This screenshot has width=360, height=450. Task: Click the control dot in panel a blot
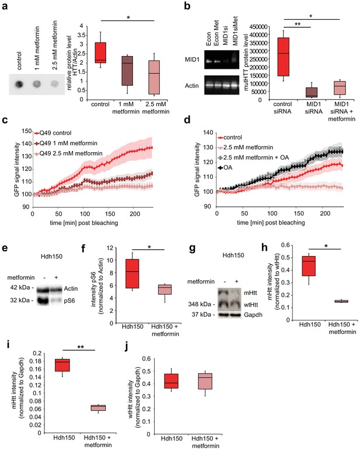[19, 85]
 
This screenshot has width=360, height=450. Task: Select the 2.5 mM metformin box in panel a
[155, 78]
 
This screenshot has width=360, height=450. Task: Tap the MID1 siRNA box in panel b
[311, 93]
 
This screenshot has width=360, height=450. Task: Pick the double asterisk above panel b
[298, 24]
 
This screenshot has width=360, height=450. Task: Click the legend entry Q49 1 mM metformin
[66, 143]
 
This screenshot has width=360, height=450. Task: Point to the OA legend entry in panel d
[225, 167]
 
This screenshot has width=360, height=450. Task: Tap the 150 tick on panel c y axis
[27, 131]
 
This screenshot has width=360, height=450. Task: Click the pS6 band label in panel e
[69, 301]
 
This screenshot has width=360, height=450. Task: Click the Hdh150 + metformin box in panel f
[165, 289]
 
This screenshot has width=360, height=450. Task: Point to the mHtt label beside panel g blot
[250, 293]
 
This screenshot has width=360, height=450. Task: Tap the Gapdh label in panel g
[253, 315]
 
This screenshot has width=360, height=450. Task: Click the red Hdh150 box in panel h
[309, 266]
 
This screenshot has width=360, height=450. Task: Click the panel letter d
[187, 119]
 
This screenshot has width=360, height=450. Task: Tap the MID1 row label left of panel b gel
[192, 60]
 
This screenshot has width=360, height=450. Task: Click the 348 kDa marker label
[202, 304]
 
